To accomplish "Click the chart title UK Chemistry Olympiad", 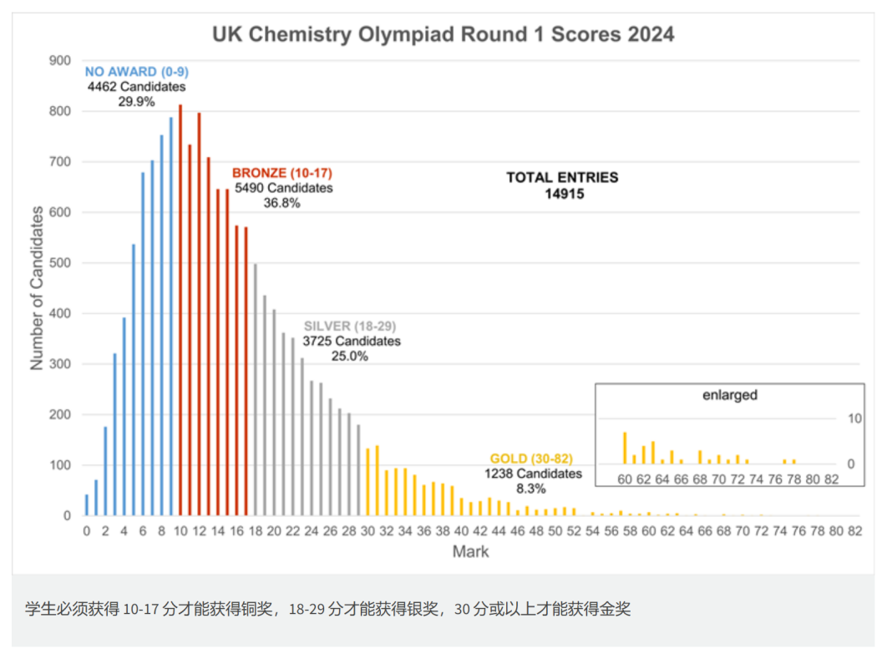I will click(x=443, y=34).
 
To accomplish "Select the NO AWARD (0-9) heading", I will click(x=137, y=72).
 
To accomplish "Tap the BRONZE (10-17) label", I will click(x=283, y=174).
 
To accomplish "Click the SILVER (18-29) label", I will click(x=352, y=327).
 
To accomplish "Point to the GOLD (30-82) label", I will click(x=531, y=459).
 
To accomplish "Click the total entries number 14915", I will click(x=562, y=193).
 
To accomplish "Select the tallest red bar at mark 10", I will click(x=180, y=309).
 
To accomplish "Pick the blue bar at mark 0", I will click(x=86, y=505).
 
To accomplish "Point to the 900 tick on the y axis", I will click(x=59, y=60).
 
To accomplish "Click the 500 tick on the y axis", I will click(x=59, y=263).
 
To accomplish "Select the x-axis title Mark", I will click(x=470, y=551).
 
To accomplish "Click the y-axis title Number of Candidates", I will click(x=37, y=288).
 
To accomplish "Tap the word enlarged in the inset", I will click(x=729, y=395).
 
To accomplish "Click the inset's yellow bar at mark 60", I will click(x=625, y=448).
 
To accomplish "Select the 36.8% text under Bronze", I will click(x=281, y=203).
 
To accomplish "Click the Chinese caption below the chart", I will click(x=327, y=609).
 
